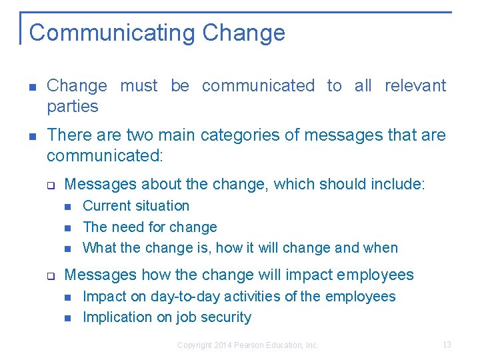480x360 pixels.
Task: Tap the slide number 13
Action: (x=447, y=345)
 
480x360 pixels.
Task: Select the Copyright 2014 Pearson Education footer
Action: (x=248, y=345)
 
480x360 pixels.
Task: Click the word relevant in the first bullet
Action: (x=415, y=86)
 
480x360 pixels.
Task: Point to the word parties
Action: (x=72, y=107)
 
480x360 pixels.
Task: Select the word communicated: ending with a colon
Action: (x=105, y=157)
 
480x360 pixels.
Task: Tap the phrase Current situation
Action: (x=136, y=206)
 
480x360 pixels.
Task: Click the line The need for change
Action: (x=150, y=227)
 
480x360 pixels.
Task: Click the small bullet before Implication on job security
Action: (x=67, y=318)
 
